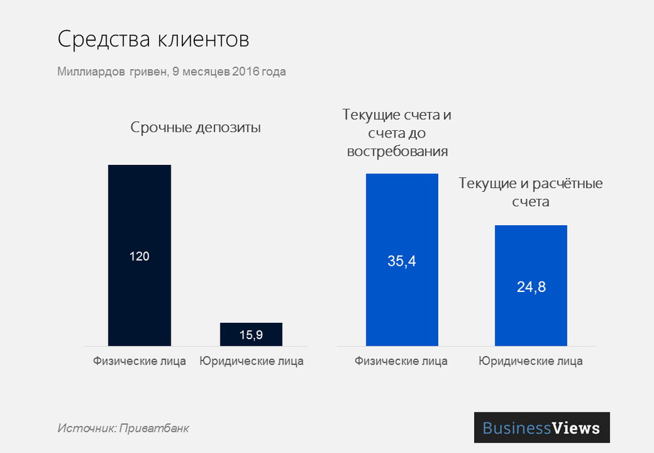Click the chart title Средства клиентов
(153, 39)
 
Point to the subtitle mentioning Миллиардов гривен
(171, 72)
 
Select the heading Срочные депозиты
(196, 128)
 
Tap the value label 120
(139, 256)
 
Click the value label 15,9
(251, 335)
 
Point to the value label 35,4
(402, 261)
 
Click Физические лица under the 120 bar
(139, 361)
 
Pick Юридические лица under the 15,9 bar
(251, 361)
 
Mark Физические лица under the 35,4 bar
(402, 361)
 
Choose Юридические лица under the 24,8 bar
(530, 361)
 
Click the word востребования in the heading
(398, 152)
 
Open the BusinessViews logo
(542, 428)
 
